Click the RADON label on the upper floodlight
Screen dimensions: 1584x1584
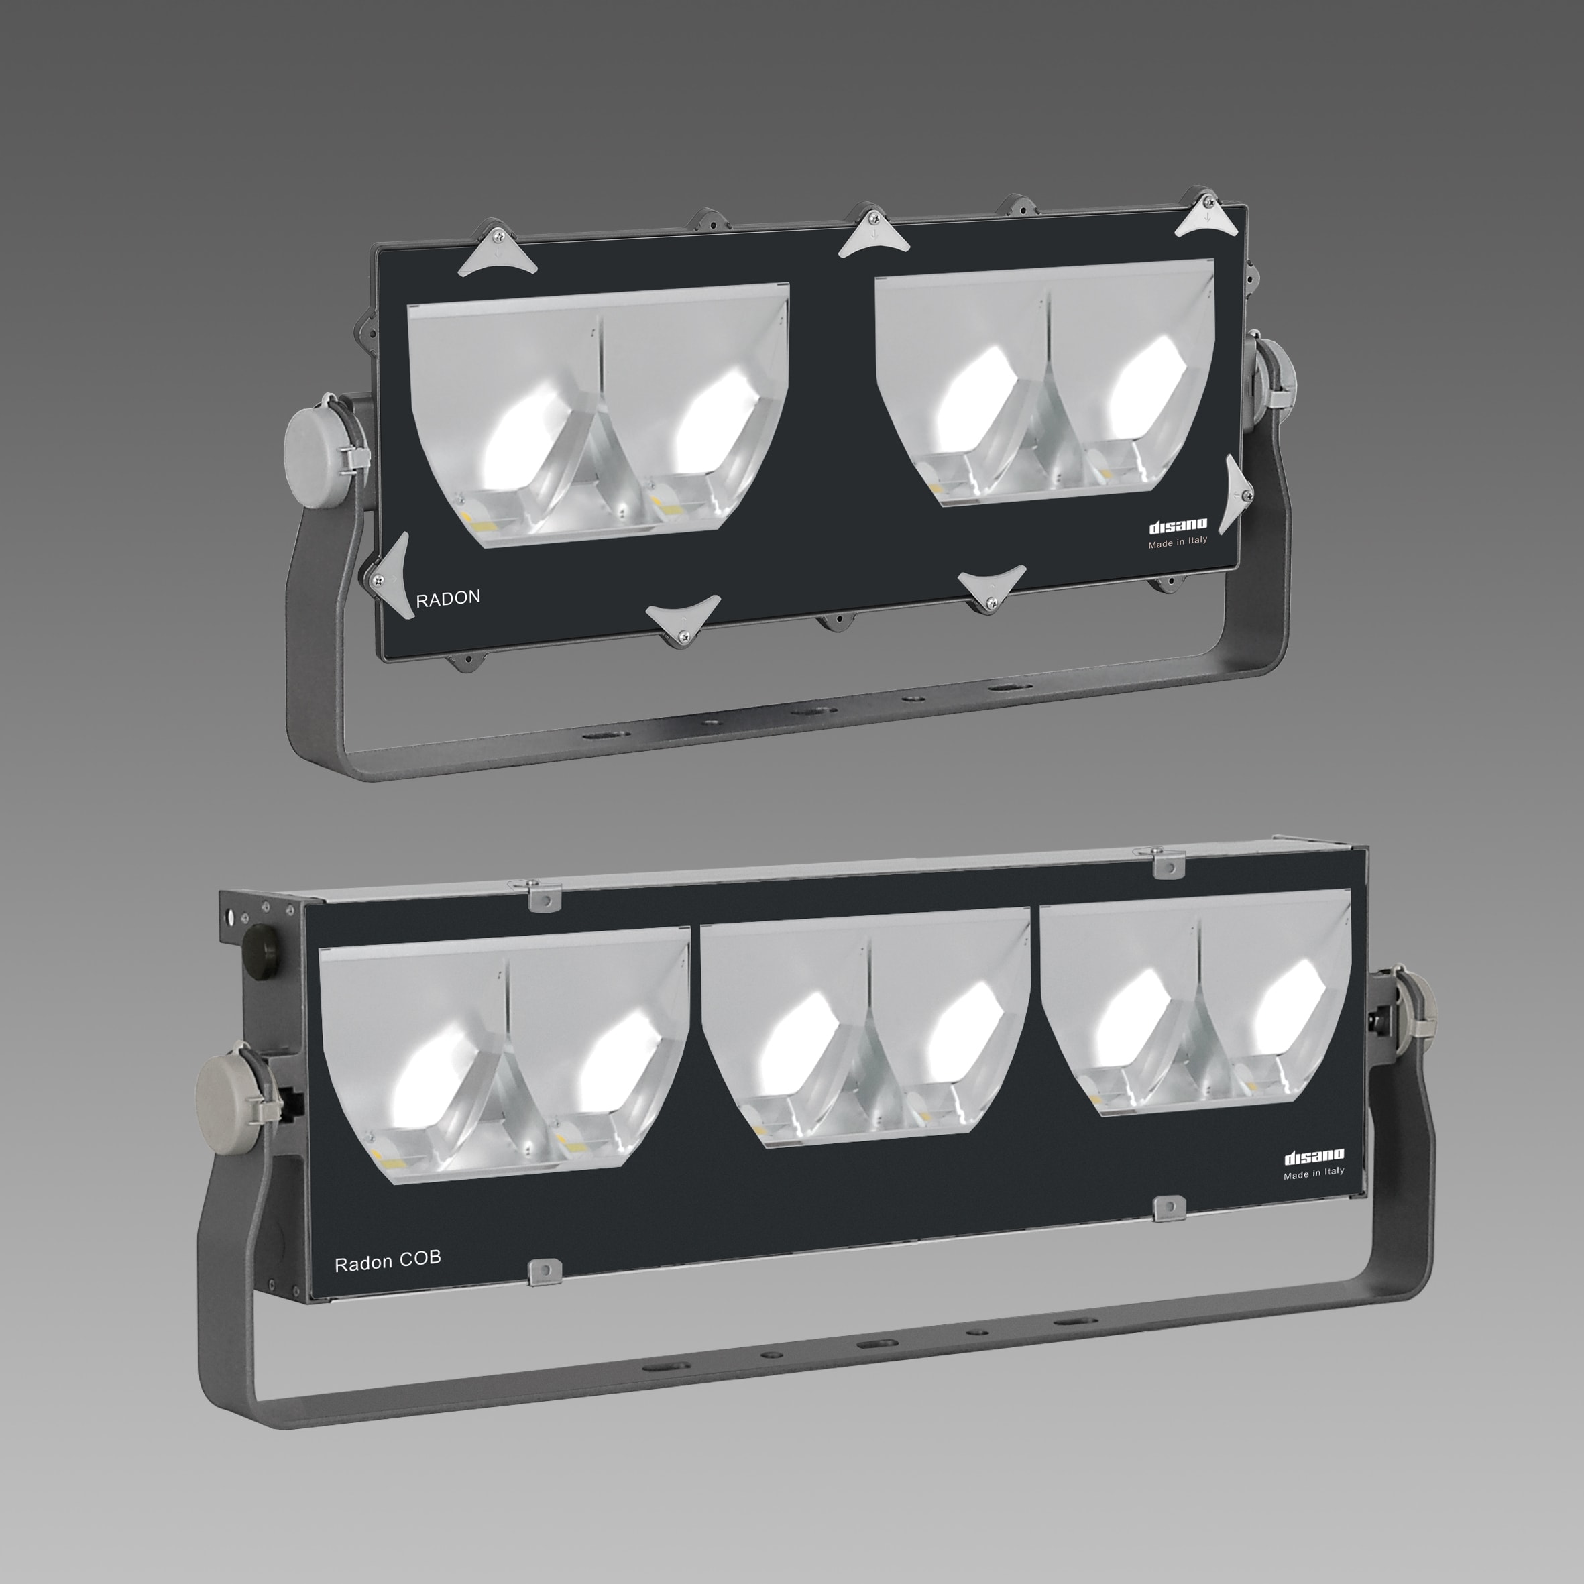[x=448, y=598]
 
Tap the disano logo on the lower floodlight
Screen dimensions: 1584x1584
[x=1314, y=1157]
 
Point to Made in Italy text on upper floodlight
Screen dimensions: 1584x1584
[x=1178, y=542]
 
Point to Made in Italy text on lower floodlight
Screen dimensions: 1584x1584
[x=1314, y=1173]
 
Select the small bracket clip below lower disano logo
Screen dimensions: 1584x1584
[x=1168, y=1208]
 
